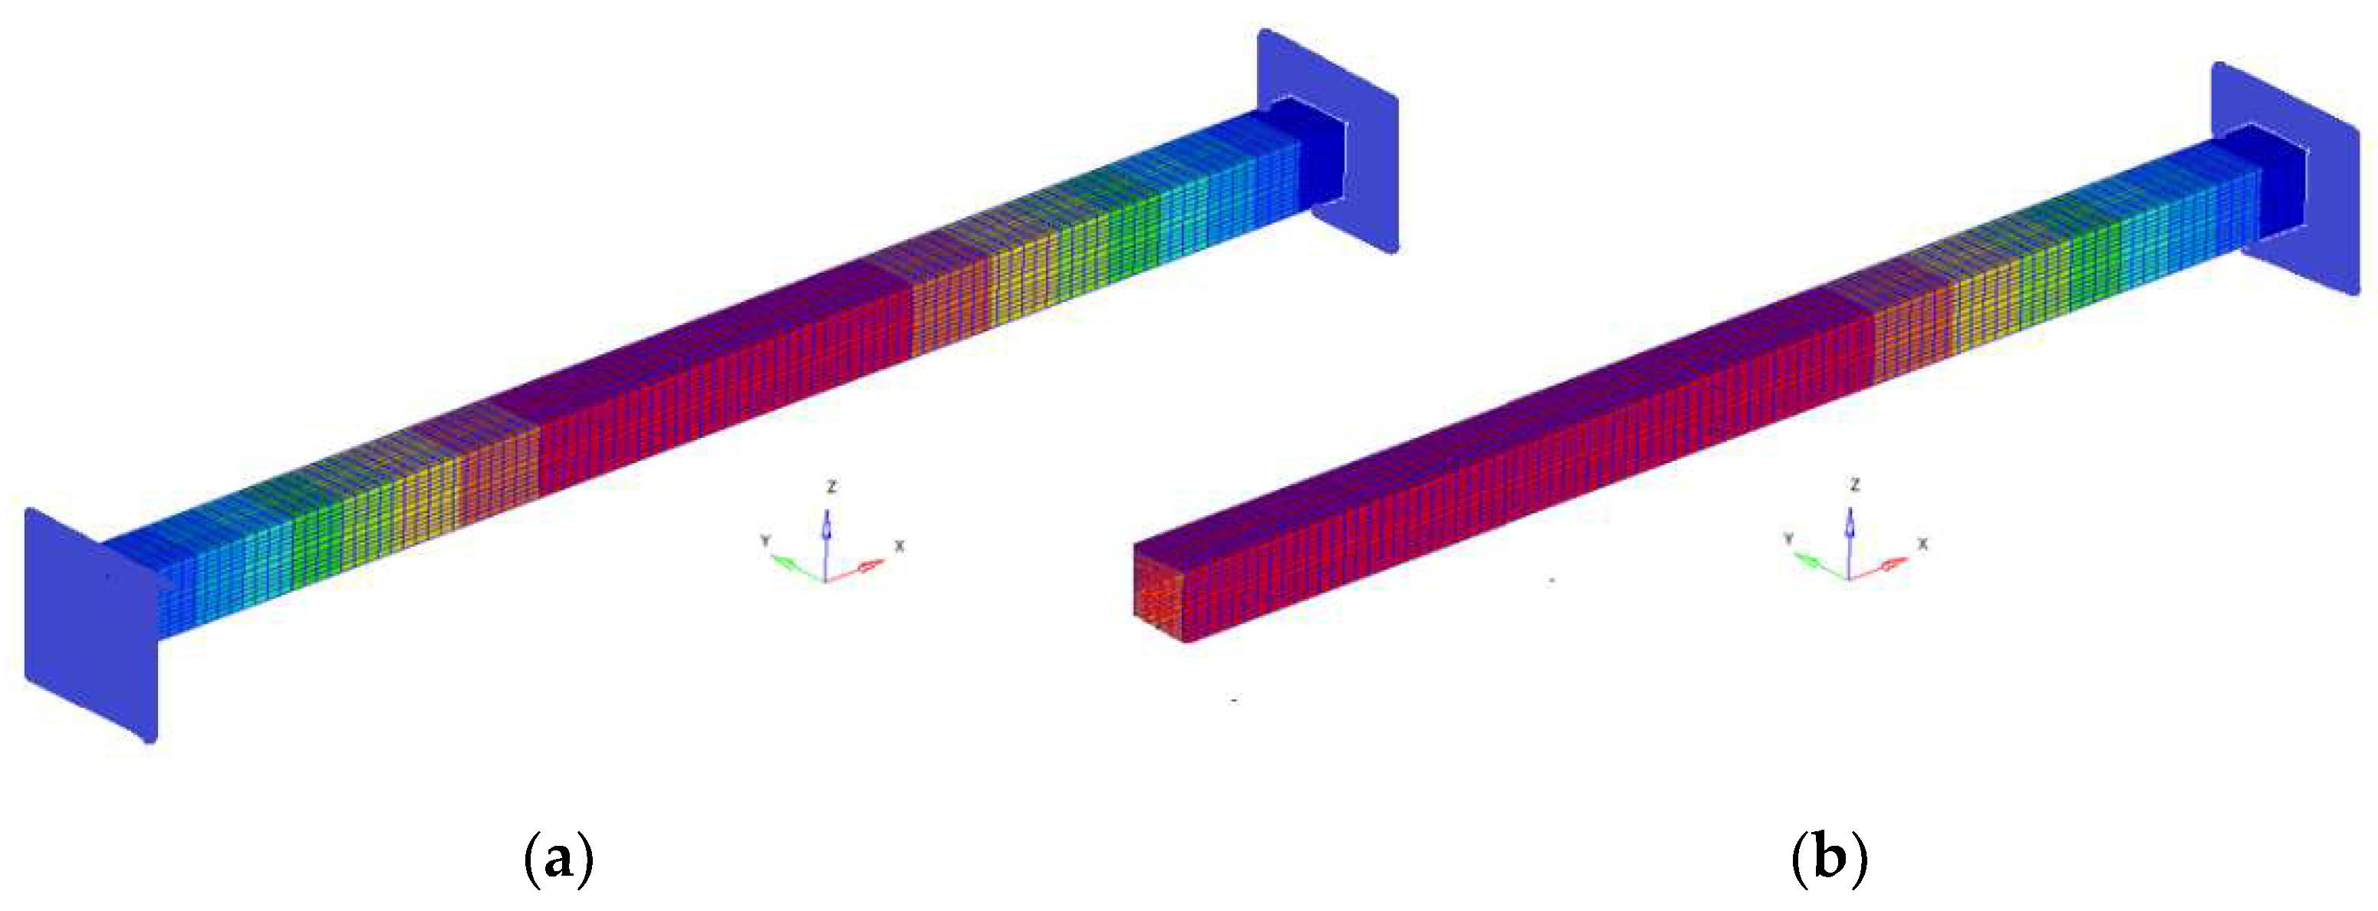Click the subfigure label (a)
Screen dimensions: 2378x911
558,858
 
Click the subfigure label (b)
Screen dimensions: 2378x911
1829,858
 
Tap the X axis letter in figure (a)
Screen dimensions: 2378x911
900,545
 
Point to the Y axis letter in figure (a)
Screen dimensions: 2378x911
765,540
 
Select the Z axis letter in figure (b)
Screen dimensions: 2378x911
1854,485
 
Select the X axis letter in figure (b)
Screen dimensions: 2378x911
1923,544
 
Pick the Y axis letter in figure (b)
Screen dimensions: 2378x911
1788,538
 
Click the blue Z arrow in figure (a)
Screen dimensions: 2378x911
826,544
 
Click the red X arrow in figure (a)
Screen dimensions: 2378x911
855,571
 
